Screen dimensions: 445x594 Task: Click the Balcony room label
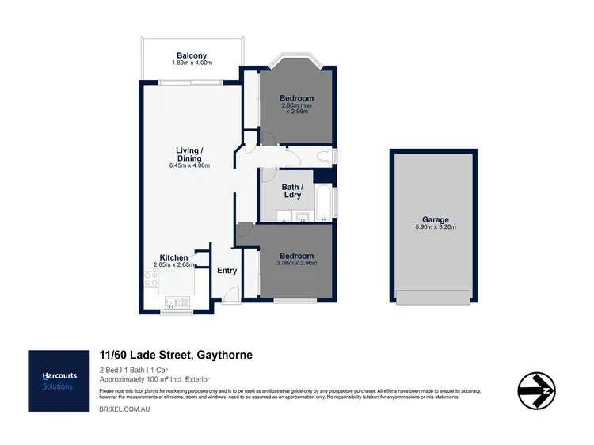tap(191, 55)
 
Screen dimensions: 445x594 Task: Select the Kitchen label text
tap(173, 257)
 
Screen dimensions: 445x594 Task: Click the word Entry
tap(227, 271)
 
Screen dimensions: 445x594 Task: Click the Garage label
tap(435, 219)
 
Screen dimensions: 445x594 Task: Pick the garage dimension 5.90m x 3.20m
tap(435, 227)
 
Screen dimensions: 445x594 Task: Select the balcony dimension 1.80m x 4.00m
tap(191, 63)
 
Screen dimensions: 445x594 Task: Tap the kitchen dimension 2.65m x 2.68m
tap(173, 265)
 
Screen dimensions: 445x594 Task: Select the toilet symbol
tap(325, 156)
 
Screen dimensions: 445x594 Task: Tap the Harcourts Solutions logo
tap(58, 381)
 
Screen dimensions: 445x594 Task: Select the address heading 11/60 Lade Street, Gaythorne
tap(176, 356)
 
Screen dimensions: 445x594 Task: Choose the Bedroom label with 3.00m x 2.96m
tap(296, 256)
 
